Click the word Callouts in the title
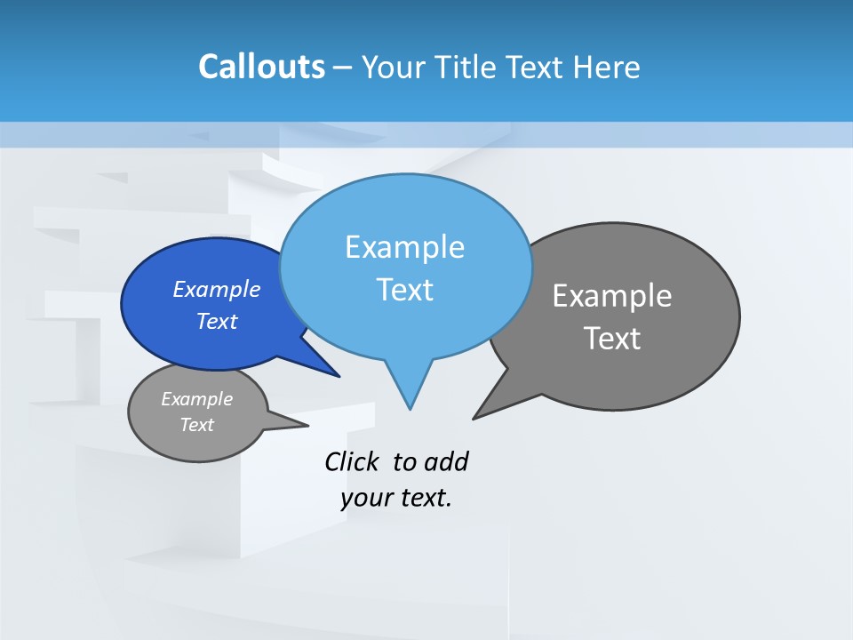261,67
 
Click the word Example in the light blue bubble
404,247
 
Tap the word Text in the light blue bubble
404,290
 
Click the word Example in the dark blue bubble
217,289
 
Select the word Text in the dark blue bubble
217,321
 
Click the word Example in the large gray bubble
612,296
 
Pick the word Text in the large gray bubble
612,339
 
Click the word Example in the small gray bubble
196,399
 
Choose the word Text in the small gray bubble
196,425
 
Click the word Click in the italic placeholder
351,462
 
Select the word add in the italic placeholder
446,462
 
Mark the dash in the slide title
343,68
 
